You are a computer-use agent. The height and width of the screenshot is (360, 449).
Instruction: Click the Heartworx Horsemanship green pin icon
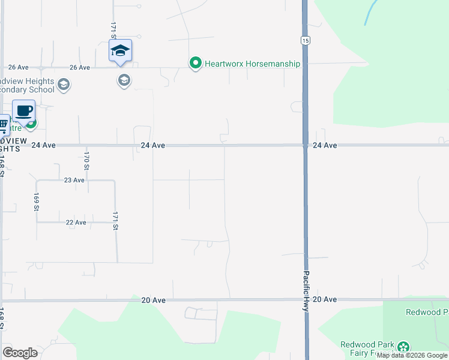(195, 63)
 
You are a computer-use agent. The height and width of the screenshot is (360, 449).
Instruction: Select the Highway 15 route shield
(305, 40)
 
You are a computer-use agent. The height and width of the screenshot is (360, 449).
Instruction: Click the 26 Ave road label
(19, 68)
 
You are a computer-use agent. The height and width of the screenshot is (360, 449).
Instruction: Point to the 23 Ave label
(74, 180)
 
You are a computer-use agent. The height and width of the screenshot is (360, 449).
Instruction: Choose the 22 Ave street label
(76, 223)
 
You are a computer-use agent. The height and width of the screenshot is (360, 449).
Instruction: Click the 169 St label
(37, 202)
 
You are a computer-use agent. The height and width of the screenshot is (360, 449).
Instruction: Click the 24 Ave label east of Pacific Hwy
(324, 145)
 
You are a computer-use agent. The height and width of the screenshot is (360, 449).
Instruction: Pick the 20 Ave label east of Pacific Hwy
(324, 299)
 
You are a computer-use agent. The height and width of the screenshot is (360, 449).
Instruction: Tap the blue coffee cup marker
(24, 111)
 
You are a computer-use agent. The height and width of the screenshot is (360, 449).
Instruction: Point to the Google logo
(20, 353)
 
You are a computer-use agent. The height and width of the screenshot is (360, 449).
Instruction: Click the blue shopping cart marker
(2, 125)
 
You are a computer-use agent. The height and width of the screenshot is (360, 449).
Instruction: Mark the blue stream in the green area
(370, 12)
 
